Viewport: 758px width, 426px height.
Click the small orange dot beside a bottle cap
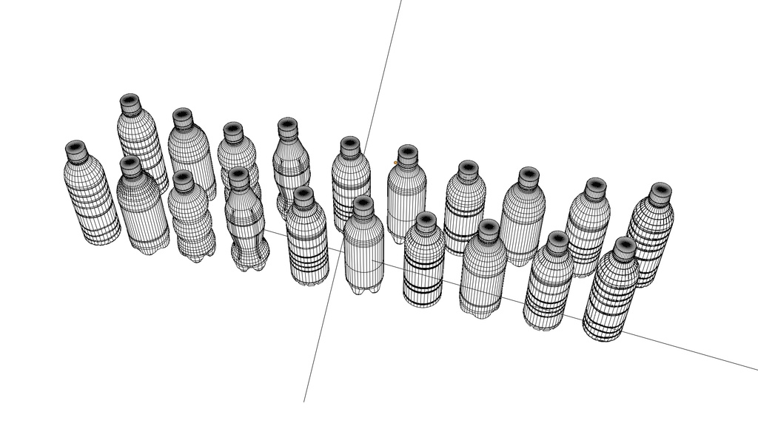point(395,162)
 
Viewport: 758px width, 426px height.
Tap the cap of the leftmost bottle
point(76,151)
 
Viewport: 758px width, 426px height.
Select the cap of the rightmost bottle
point(660,192)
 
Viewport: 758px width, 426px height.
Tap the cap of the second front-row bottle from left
point(131,166)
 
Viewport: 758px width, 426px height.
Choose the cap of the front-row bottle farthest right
point(625,248)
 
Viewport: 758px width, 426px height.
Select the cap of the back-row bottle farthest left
point(131,104)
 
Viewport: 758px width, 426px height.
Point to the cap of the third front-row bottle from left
point(184,180)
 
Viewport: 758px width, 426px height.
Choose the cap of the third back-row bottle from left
point(234,132)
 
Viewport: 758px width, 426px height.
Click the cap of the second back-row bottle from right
point(595,188)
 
